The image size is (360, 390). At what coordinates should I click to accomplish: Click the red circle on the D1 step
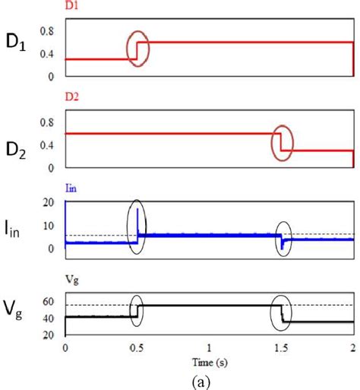point(137,48)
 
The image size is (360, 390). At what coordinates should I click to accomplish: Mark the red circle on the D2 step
point(282,143)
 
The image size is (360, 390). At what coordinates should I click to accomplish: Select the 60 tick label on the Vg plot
point(52,302)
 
